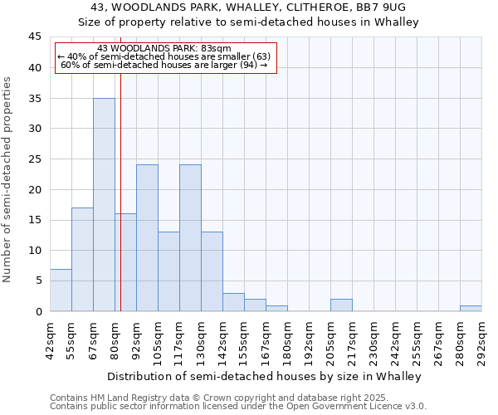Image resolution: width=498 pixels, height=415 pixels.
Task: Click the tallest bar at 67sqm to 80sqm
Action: tap(104, 204)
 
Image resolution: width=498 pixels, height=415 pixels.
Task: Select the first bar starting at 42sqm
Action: tap(61, 290)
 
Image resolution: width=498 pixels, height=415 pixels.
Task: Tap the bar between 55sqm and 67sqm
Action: tap(82, 259)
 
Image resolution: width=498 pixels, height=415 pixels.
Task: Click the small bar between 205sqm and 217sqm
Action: tap(341, 305)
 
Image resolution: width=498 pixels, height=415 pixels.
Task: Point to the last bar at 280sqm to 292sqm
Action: tap(471, 308)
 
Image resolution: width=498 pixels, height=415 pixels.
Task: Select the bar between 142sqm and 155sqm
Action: tap(233, 302)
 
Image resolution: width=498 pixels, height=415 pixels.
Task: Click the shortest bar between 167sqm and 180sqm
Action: tap(276, 308)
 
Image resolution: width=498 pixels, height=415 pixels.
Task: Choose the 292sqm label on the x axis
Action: tap(481, 339)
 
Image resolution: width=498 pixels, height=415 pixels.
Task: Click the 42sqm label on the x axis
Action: tap(50, 339)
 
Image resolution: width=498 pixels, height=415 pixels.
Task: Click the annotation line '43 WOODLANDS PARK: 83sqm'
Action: tap(164, 49)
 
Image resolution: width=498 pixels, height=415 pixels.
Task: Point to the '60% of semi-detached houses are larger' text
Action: tap(164, 65)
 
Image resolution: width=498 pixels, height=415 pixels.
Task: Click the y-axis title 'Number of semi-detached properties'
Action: tap(7, 179)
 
